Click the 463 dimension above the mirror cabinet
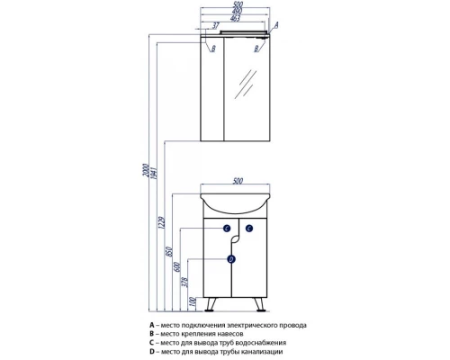(235, 18)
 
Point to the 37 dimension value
(216, 26)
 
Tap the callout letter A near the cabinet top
(276, 25)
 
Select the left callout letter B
(213, 49)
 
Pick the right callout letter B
(256, 49)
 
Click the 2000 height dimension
(146, 170)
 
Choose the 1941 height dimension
(154, 173)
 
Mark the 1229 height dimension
(162, 222)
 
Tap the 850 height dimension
(169, 251)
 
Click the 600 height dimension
(177, 266)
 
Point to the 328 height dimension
(185, 283)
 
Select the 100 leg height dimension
(193, 302)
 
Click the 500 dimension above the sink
(238, 181)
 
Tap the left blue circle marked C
(227, 229)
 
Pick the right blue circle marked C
(249, 229)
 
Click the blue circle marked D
(231, 259)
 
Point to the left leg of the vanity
(211, 304)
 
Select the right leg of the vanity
(259, 304)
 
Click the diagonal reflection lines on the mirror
(246, 85)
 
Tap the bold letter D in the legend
(152, 351)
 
